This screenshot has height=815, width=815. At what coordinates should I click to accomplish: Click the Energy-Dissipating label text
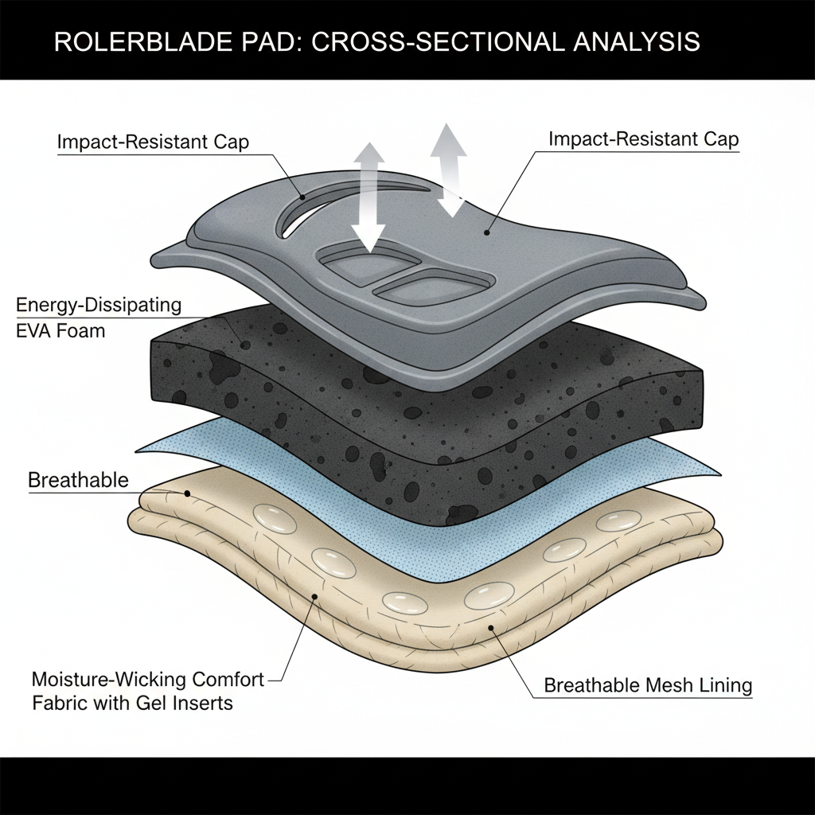(x=99, y=305)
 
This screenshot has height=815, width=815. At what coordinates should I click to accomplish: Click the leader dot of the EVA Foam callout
(x=245, y=344)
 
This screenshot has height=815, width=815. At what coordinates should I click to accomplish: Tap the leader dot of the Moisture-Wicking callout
(x=316, y=596)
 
